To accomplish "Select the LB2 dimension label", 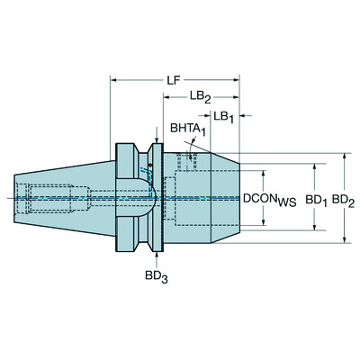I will click(200, 98).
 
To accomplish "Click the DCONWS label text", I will click(275, 198).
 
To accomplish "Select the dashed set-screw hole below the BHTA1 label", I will click(186, 161).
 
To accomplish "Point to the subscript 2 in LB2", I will click(208, 101).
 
